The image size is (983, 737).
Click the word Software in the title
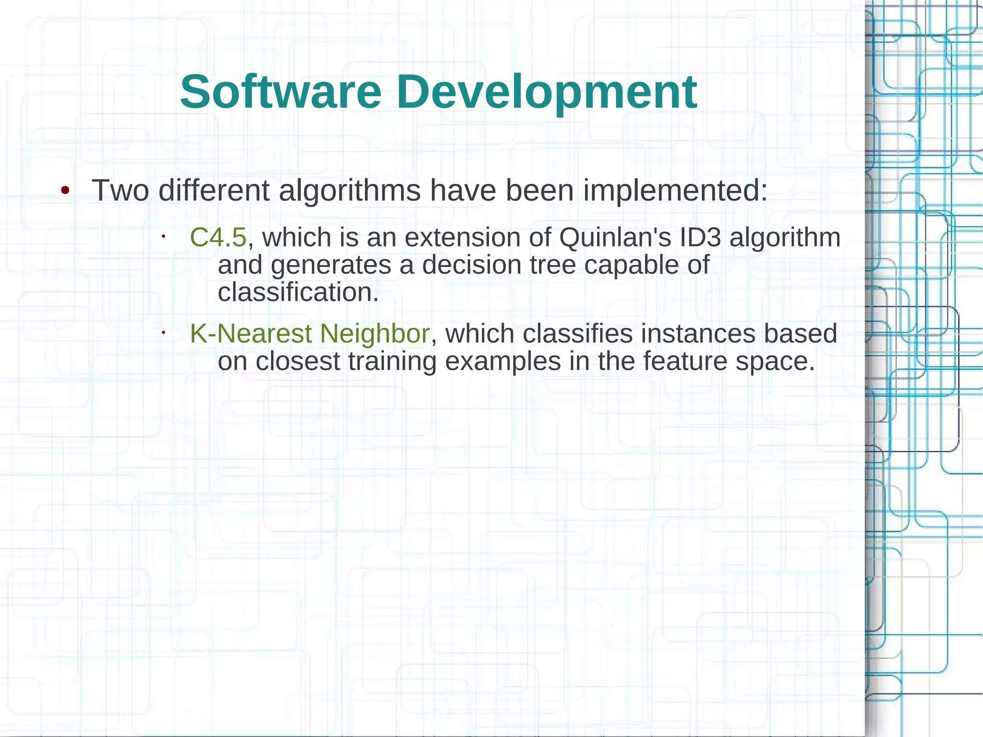pyautogui.click(x=281, y=92)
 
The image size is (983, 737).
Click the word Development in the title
pyautogui.click(x=547, y=92)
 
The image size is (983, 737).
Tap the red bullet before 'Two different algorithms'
pyautogui.click(x=65, y=191)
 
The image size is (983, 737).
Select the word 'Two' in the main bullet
pyautogui.click(x=120, y=190)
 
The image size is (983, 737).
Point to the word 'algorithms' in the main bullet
pyautogui.click(x=349, y=190)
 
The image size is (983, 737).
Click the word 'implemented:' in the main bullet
pyautogui.click(x=676, y=190)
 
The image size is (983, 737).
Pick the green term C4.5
pyautogui.click(x=218, y=237)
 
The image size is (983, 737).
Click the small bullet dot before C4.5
pyautogui.click(x=163, y=236)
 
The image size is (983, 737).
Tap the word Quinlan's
pyautogui.click(x=615, y=237)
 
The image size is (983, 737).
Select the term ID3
pyautogui.click(x=700, y=237)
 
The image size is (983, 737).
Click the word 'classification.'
pyautogui.click(x=298, y=292)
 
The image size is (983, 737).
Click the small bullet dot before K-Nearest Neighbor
pyautogui.click(x=163, y=332)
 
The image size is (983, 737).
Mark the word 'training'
pyautogui.click(x=392, y=361)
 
